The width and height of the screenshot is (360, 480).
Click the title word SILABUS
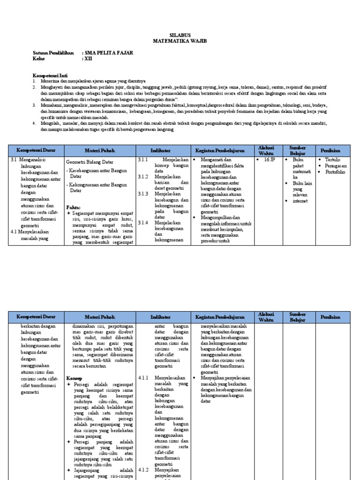tap(180, 35)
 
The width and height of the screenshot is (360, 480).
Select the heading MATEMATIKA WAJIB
tap(180, 41)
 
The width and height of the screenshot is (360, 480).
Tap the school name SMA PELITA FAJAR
tap(108, 53)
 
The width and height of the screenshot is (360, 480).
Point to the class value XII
tap(89, 59)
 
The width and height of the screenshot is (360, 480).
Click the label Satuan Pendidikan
tap(53, 53)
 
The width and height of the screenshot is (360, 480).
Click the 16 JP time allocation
tap(269, 160)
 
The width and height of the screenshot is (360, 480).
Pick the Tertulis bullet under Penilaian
tap(332, 160)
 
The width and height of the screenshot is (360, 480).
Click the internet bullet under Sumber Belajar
tap(300, 201)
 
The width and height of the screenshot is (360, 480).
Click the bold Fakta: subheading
tap(74, 207)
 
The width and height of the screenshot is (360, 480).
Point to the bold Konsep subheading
tap(74, 377)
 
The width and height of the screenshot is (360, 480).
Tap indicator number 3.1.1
tap(143, 160)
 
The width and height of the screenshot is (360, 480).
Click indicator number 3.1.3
tap(143, 193)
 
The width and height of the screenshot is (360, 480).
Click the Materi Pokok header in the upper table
tap(100, 150)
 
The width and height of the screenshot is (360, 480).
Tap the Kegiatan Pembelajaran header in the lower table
tap(222, 317)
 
